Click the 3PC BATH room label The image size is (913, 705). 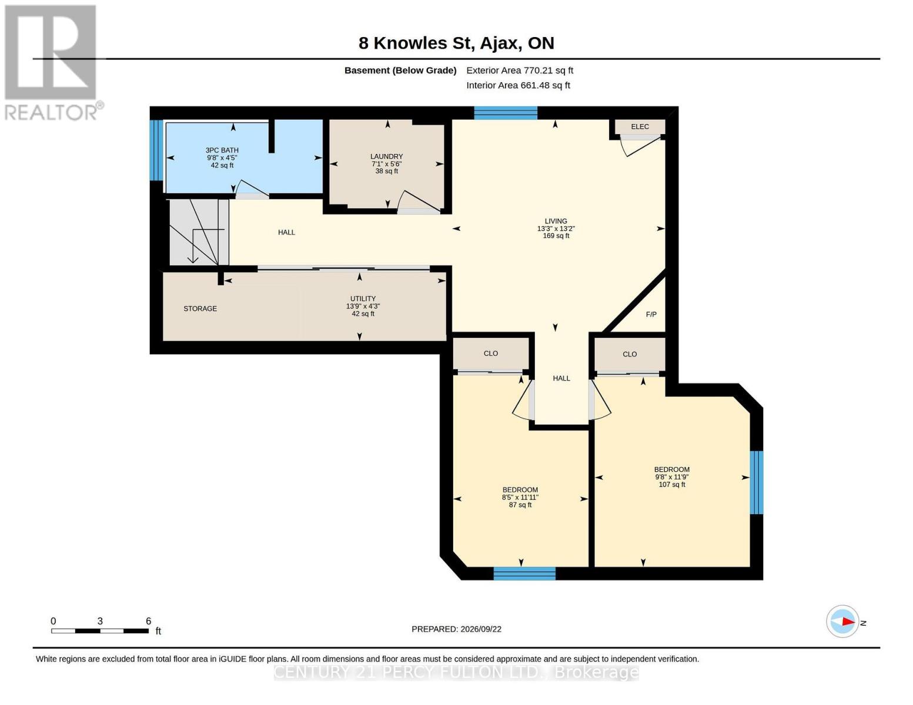click(x=222, y=150)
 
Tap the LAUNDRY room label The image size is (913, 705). click(x=387, y=156)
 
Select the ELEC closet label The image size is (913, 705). click(x=640, y=126)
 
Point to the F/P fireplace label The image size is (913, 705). click(x=651, y=314)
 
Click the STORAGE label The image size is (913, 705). click(x=200, y=308)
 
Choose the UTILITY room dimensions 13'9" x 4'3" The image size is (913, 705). click(x=363, y=306)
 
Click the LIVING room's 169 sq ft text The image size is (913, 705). click(x=556, y=236)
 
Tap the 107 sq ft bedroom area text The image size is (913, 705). click(x=672, y=485)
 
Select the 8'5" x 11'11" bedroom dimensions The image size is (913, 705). click(x=520, y=497)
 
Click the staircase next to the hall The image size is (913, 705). click(x=199, y=232)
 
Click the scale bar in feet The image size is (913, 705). click(x=100, y=631)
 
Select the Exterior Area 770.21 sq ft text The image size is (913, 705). click(x=520, y=70)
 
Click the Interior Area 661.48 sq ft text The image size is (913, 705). click(x=518, y=85)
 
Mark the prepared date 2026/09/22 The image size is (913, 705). click(x=481, y=629)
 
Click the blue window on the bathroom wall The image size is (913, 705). click(x=156, y=150)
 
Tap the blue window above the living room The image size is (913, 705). click(x=506, y=113)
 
